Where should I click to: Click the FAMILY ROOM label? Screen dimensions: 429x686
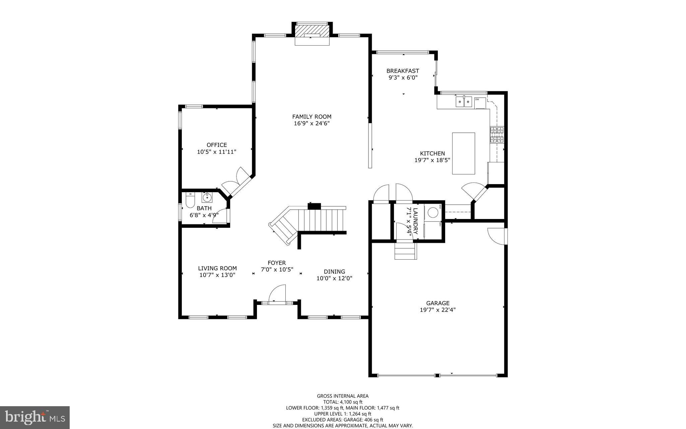coord(312,117)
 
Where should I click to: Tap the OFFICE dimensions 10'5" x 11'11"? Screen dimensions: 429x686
coord(217,152)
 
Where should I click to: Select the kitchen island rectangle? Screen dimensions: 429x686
coord(463,153)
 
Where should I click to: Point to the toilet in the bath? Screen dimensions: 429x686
coord(190,201)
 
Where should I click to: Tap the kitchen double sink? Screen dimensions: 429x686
coord(464,101)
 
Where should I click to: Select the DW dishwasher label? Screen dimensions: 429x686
coord(477,99)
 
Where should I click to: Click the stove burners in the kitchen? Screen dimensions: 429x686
coord(497,135)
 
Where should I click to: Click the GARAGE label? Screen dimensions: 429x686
coord(438,303)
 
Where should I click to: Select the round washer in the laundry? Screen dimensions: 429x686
coord(433,212)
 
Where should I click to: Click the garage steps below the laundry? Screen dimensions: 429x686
coord(406,251)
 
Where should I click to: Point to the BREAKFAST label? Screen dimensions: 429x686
coord(403,71)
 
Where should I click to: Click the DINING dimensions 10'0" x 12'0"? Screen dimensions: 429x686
coord(334,278)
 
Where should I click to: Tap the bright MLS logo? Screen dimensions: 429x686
coord(35,417)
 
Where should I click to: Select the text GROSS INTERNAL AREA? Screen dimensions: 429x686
coord(343,396)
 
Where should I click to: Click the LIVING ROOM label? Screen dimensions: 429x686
coord(217,268)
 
